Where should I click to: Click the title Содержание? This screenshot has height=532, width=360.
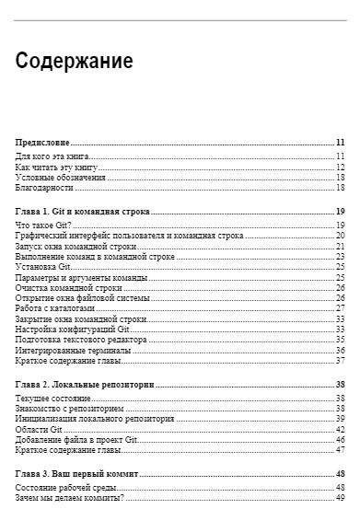75,63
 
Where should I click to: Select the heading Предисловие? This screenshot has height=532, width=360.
43,143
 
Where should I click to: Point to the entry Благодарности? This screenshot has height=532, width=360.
44,188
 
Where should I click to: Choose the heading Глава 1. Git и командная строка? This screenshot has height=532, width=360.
83,211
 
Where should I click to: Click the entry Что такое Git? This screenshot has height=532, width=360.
43,226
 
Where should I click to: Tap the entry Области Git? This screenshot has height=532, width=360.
39,429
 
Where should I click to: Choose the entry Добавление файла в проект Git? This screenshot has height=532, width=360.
76,439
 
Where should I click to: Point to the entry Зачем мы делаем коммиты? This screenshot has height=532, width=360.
69,497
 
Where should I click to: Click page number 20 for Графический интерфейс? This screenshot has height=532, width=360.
340,236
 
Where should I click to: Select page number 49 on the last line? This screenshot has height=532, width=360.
340,497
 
